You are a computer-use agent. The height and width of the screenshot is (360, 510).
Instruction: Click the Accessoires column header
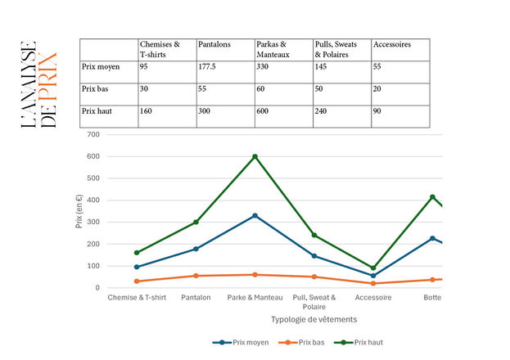[391, 44]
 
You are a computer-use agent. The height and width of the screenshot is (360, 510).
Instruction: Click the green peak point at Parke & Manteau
[255, 156]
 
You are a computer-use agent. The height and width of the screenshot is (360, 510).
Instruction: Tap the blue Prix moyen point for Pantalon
[196, 249]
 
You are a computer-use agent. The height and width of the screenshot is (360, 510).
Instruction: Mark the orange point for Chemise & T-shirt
[137, 281]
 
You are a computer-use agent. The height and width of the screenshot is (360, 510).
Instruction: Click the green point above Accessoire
[373, 268]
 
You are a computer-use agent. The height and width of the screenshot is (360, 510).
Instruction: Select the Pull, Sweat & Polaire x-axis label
[314, 302]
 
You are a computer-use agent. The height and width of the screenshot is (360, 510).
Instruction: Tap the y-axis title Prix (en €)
[79, 210]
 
